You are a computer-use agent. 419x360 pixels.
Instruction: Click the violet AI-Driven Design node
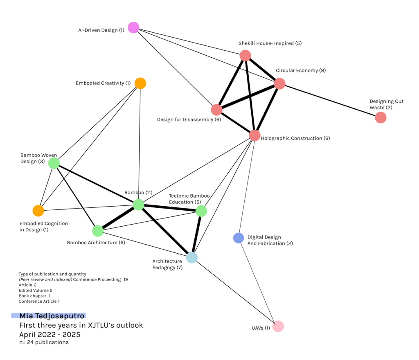pyautogui.click(x=133, y=27)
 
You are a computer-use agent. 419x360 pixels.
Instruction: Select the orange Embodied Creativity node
pyautogui.click(x=140, y=83)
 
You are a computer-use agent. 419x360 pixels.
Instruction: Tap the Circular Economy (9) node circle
pyautogui.click(x=279, y=83)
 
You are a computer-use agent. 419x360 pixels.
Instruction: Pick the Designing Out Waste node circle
pyautogui.click(x=381, y=117)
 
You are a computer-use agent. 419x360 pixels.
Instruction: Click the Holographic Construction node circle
pyautogui.click(x=255, y=135)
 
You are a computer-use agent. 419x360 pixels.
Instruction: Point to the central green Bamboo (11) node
pyautogui.click(x=139, y=205)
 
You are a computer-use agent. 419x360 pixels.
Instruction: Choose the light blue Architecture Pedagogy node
pyautogui.click(x=191, y=257)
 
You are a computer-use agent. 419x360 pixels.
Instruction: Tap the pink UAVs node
pyautogui.click(x=278, y=326)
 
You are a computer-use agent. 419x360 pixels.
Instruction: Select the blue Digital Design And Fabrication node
pyautogui.click(x=239, y=238)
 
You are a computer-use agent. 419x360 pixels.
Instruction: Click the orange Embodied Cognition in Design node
pyautogui.click(x=38, y=211)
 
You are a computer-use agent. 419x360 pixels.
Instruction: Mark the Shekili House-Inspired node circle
pyautogui.click(x=245, y=55)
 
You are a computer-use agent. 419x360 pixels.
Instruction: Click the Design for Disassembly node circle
pyautogui.click(x=216, y=110)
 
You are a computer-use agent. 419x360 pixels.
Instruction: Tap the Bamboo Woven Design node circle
pyautogui.click(x=54, y=163)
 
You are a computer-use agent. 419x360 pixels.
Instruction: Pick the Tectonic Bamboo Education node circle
pyautogui.click(x=201, y=211)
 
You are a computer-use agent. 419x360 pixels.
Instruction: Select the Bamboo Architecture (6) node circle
pyautogui.click(x=97, y=231)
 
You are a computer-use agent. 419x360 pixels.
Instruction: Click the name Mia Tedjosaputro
pyautogui.click(x=52, y=316)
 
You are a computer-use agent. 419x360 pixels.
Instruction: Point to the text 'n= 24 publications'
pyautogui.click(x=44, y=342)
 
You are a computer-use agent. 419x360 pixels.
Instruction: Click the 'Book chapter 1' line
pyautogui.click(x=34, y=296)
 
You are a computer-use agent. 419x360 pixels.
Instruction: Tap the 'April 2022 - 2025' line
pyautogui.click(x=50, y=334)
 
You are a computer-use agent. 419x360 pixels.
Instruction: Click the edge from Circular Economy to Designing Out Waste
pyautogui.click(x=330, y=100)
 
